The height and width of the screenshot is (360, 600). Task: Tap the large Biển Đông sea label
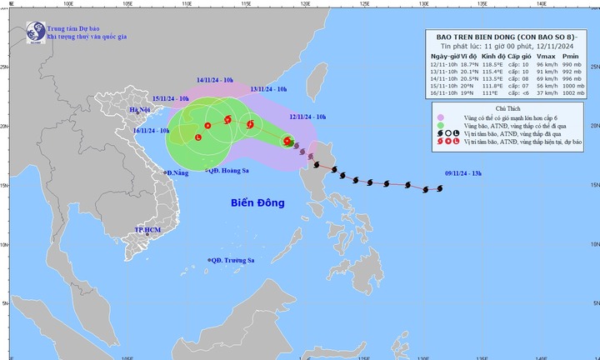[x=258, y=202]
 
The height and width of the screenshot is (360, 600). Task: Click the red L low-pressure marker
[x=198, y=137]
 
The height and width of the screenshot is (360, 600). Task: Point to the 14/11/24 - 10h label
[x=217, y=80]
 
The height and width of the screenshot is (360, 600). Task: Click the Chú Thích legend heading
[x=512, y=108]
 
